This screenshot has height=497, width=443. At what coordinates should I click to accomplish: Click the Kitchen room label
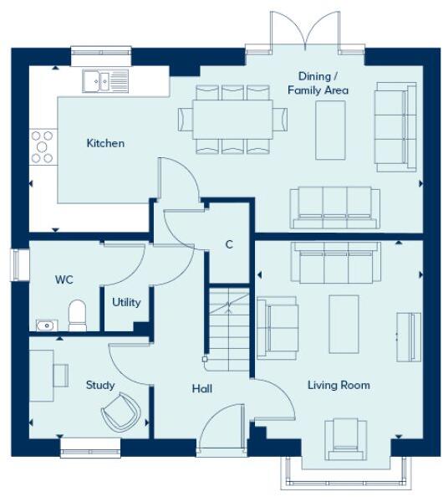click(105, 143)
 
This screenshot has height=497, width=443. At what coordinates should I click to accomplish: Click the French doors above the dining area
click(306, 33)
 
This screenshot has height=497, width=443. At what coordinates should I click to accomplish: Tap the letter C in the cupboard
click(229, 244)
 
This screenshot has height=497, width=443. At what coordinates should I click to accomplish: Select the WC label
click(65, 279)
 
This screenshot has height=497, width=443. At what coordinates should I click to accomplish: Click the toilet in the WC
click(78, 315)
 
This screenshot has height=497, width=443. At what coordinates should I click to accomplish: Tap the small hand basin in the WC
click(45, 325)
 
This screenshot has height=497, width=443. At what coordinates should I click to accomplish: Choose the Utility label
click(127, 302)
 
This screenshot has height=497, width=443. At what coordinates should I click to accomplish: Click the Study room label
click(100, 386)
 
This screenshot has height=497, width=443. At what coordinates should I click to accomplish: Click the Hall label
click(201, 389)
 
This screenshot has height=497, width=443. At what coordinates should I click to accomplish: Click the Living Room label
click(339, 385)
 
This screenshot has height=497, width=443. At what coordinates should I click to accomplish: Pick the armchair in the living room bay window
click(345, 437)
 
